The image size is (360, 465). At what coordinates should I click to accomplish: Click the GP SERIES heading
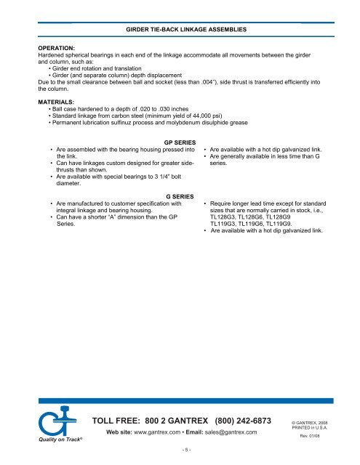(180, 142)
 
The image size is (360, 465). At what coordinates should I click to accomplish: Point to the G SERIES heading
(180, 197)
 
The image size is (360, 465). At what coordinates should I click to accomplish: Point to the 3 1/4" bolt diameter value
(161, 176)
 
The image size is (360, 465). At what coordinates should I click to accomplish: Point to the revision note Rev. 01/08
(311, 437)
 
